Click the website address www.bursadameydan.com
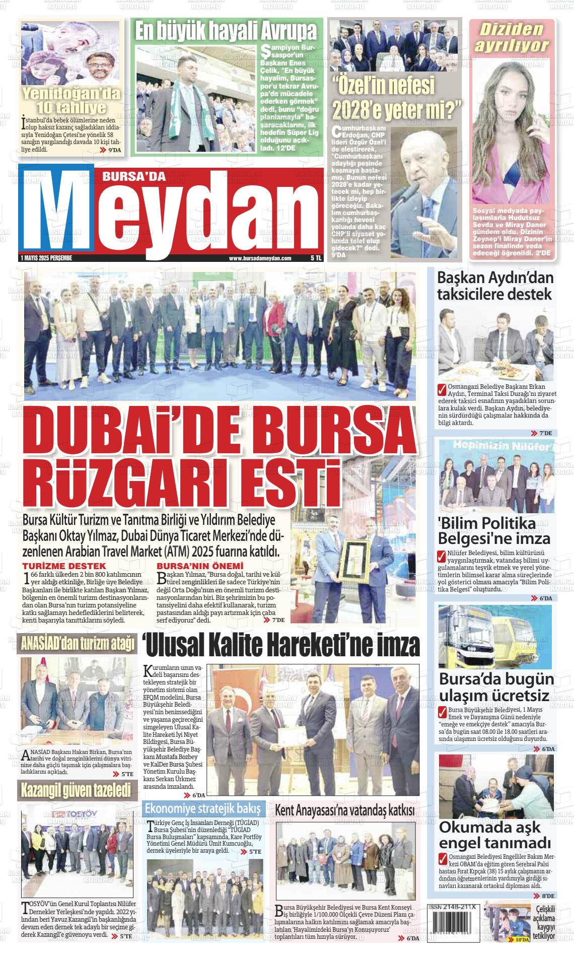point(260,258)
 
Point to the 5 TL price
point(316,258)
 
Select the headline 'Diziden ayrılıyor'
point(512,37)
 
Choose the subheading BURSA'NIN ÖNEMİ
point(200,566)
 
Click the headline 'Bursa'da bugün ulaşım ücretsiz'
point(496,687)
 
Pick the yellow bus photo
point(495,636)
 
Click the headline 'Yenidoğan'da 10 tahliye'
point(70,101)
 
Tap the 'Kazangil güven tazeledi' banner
point(76,790)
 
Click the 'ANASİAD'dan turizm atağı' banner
point(77,644)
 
